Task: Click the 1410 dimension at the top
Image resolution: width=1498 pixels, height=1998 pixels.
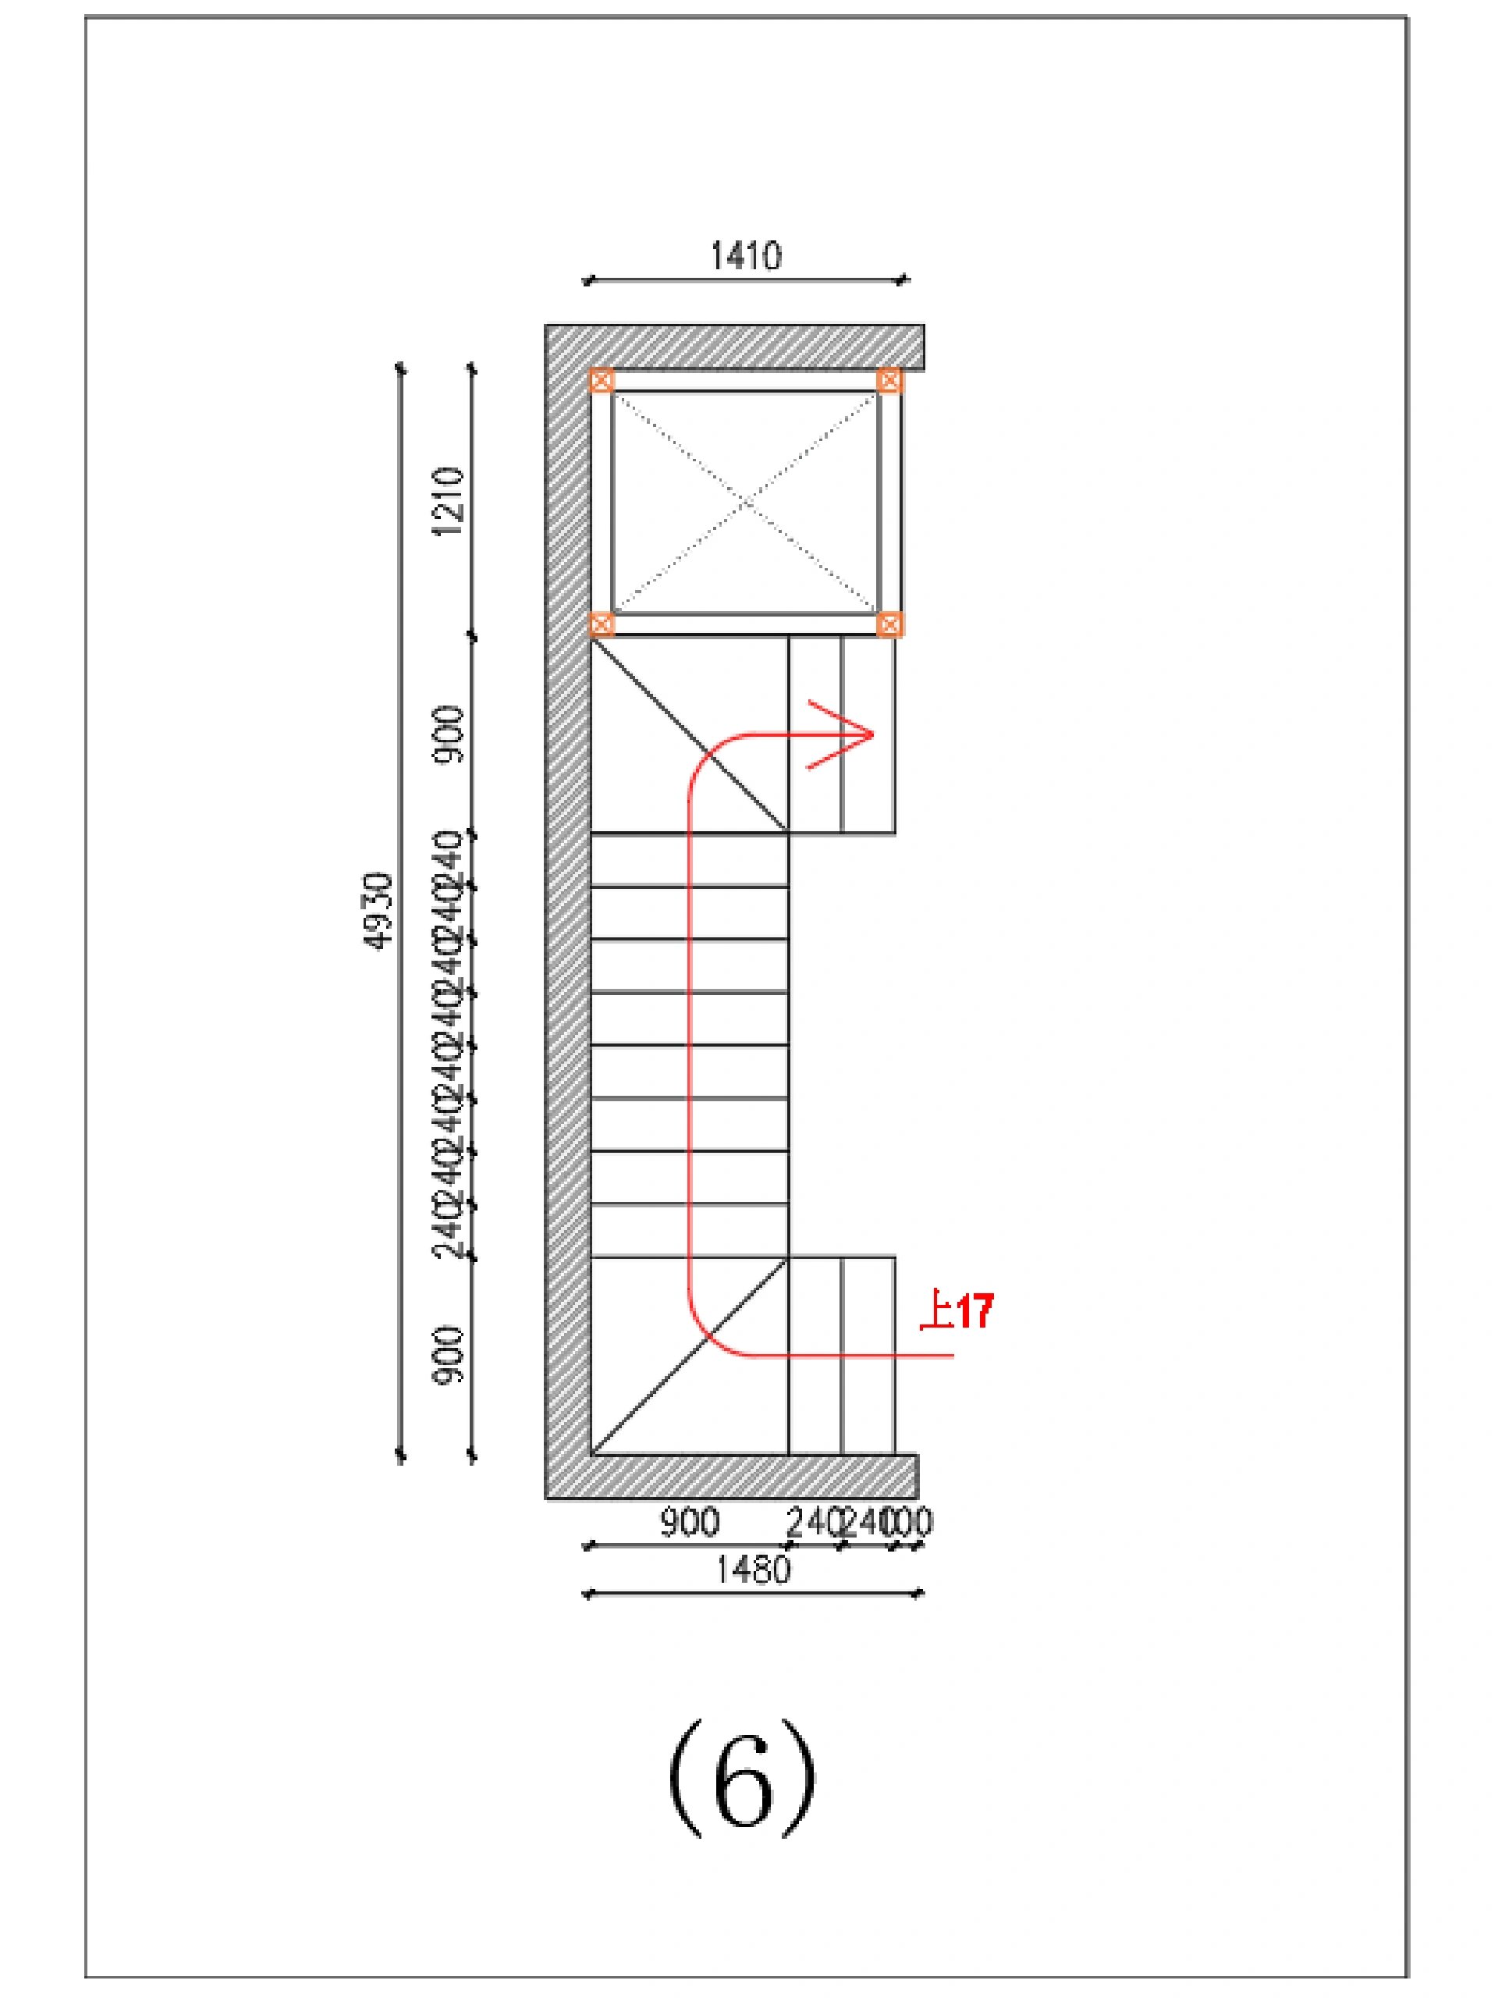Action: point(745,257)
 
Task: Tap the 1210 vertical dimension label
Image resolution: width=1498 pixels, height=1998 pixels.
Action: point(449,501)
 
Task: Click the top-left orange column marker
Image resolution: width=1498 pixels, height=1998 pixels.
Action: point(602,380)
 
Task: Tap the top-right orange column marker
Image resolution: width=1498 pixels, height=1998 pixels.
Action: point(889,380)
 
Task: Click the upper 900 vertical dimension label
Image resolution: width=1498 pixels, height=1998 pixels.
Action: point(449,734)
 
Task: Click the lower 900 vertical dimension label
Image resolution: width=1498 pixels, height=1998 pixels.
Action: point(449,1354)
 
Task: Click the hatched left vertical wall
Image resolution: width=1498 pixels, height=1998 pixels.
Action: point(568,903)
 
